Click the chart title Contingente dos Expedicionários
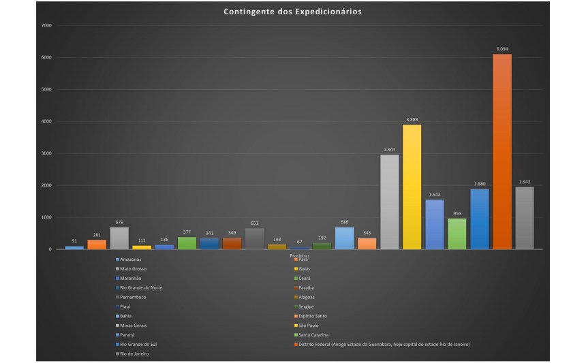(x=293, y=12)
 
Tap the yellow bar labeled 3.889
(x=412, y=187)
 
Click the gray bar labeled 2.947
(x=389, y=202)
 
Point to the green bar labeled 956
(x=457, y=234)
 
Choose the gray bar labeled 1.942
(x=525, y=218)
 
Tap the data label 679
(x=119, y=221)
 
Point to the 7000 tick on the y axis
(x=47, y=25)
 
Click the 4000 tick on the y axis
(x=47, y=121)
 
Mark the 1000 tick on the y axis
(x=47, y=217)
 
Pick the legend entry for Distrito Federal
(x=382, y=345)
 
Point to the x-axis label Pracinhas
(x=299, y=255)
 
